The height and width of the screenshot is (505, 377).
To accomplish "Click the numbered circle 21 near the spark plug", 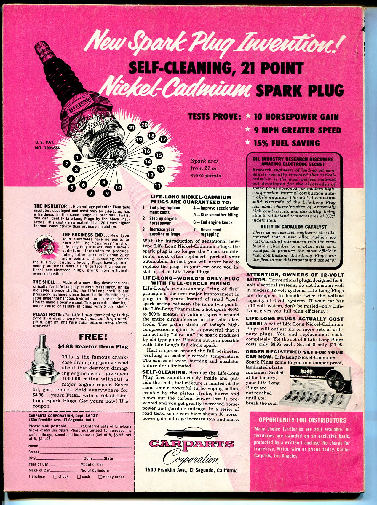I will pos(132,128).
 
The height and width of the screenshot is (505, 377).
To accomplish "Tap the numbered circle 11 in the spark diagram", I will pos(157,186).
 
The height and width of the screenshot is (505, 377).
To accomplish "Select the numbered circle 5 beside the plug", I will pos(71,187).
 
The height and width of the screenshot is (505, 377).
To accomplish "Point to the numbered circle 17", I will pos(163,139).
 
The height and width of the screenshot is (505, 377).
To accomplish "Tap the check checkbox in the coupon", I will pos(55,477).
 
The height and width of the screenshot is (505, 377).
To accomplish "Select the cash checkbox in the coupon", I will pos(79,477).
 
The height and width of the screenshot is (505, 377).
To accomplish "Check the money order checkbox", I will pos(100,477).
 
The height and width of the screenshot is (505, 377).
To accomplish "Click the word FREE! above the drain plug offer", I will pos(93,337).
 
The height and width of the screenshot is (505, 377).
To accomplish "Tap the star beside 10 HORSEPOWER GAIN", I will pos(248,116).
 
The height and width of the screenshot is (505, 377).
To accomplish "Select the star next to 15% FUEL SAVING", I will pos(248,143).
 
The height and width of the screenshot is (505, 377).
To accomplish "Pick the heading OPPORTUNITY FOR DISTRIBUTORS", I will pos(302,420).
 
